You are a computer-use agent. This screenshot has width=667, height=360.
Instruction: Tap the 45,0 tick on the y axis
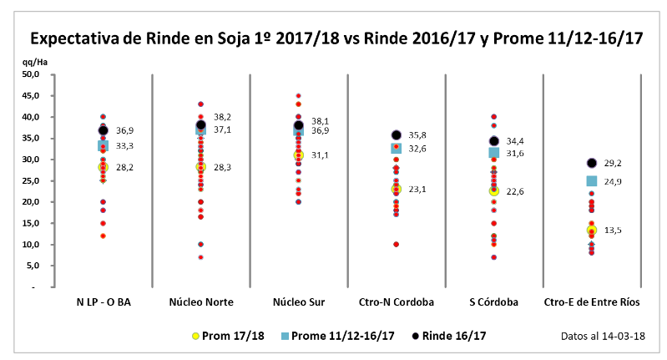[x=32, y=95]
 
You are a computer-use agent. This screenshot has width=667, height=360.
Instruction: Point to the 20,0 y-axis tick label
[x=32, y=201]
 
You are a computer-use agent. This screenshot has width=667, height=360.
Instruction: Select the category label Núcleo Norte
[x=200, y=302]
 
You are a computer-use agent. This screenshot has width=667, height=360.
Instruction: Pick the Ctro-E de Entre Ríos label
[x=591, y=302]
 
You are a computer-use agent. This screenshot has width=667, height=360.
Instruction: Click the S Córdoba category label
[x=493, y=302]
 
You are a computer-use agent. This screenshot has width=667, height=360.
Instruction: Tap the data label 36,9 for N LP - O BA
[x=124, y=131]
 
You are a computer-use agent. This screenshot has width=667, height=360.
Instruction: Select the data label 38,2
[x=222, y=117]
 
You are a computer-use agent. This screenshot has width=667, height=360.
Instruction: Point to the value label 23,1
[x=417, y=190]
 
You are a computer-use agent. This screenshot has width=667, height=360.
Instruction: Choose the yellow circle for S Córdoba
[x=494, y=191]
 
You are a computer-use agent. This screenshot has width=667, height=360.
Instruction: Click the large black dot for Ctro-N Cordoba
[x=397, y=135]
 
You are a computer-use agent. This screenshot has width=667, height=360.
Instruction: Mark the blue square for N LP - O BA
[x=104, y=145]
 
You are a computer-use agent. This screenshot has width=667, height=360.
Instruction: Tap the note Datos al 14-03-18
[x=604, y=335]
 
